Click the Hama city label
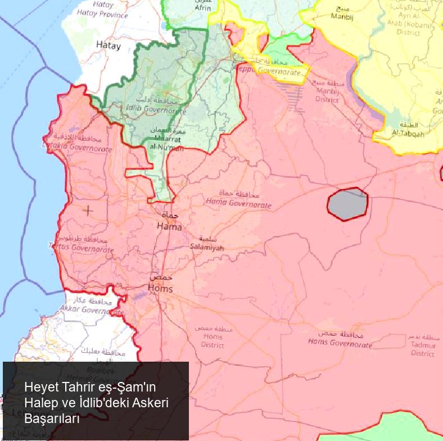(x=169, y=226)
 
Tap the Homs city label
(x=160, y=288)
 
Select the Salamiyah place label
(x=207, y=247)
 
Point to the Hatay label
(x=108, y=46)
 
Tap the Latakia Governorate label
(x=77, y=147)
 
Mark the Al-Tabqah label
(x=408, y=133)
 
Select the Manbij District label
(x=327, y=95)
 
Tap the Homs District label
(x=212, y=341)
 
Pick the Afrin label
(x=203, y=8)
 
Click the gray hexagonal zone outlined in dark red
(x=348, y=204)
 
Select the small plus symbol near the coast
(x=88, y=210)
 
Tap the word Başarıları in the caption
(x=52, y=419)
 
